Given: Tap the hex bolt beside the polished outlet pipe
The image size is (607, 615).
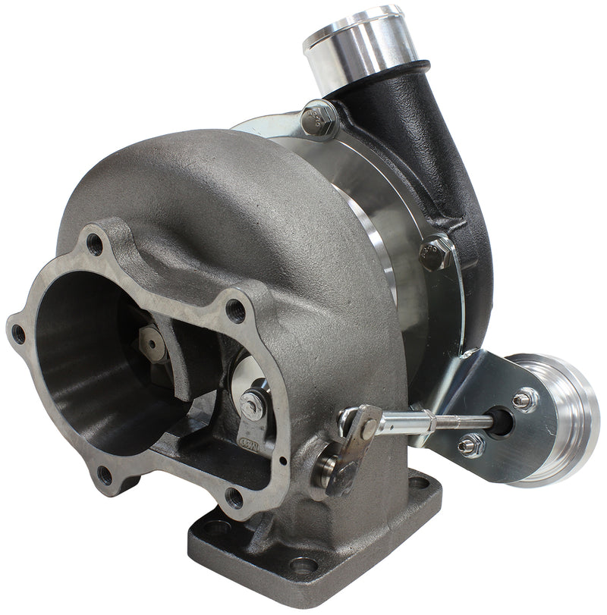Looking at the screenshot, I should [319, 118].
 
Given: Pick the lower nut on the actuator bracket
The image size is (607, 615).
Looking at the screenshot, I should [471, 446].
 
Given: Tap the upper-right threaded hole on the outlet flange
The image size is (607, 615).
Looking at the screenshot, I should [235, 310].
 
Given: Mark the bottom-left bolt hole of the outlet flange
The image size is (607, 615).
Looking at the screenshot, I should [105, 475].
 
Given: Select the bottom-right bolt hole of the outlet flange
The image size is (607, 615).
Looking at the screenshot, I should [234, 497].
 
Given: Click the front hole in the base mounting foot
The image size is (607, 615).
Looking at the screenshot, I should [303, 565].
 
